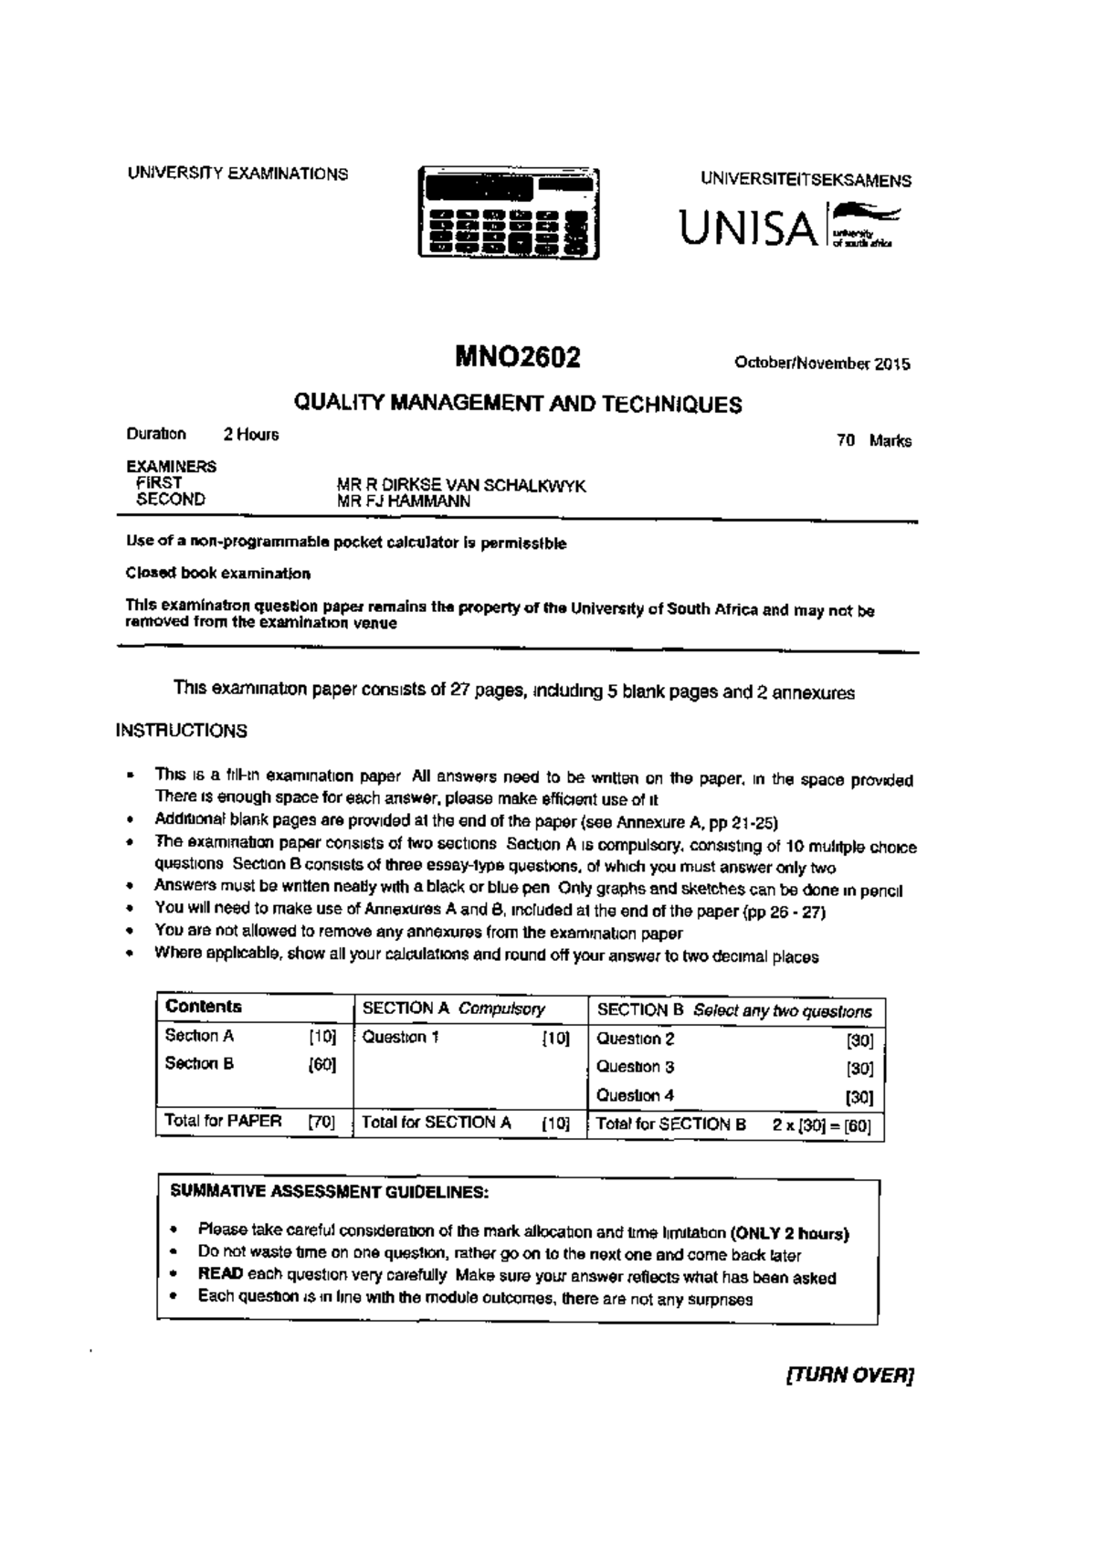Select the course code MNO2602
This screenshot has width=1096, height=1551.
coord(518,357)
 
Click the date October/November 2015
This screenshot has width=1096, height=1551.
coord(822,364)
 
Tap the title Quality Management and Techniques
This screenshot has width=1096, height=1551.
coord(516,404)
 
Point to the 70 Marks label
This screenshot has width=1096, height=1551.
coord(874,441)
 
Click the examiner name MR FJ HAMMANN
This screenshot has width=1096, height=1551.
coord(404,501)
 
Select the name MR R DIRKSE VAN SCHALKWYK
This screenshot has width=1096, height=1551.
coord(461,485)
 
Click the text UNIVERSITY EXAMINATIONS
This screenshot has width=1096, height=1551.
coord(237,174)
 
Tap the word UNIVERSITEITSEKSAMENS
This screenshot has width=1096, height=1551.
coord(806,180)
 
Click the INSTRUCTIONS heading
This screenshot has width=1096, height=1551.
coord(181,731)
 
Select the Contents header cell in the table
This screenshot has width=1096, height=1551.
coord(204,1007)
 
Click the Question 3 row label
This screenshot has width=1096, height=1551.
coord(636,1067)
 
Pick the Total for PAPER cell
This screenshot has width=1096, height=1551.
coord(223,1121)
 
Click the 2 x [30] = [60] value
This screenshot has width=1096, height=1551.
coord(821,1125)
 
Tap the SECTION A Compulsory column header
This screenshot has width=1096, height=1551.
coord(454,1008)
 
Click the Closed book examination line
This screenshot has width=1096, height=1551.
coord(218,574)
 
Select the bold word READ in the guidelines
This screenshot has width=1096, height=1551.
coord(219,1274)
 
